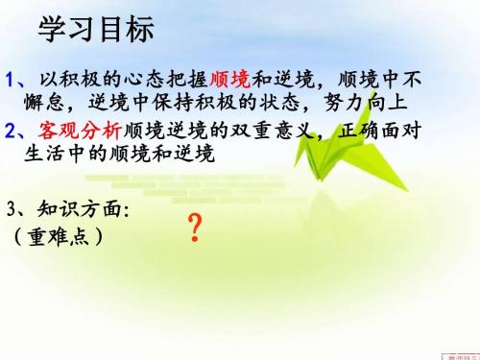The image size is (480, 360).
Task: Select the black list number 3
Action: tap(11, 208)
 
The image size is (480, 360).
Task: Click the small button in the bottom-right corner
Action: tap(458, 354)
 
